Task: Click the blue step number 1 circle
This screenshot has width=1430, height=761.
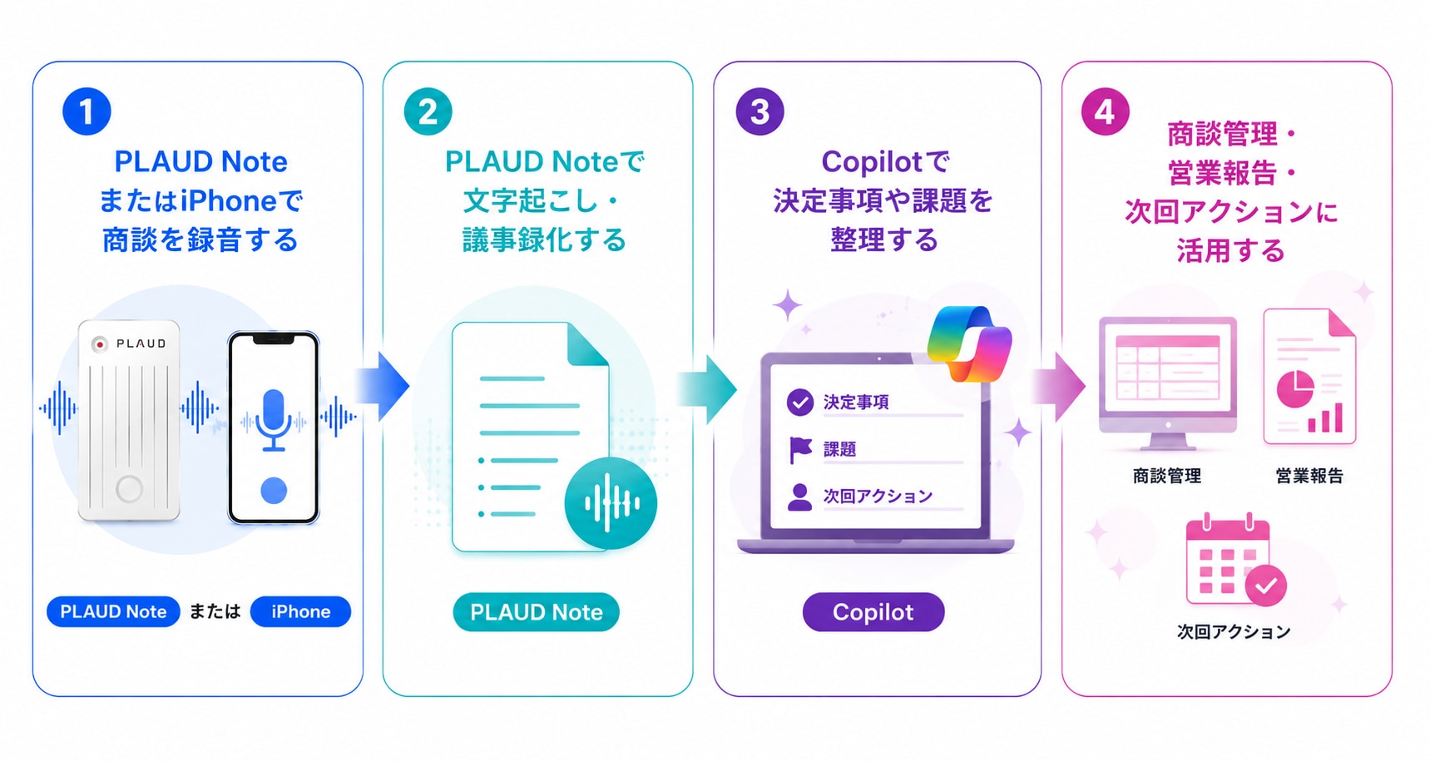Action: pyautogui.click(x=87, y=111)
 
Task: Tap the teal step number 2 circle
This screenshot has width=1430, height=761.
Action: pyautogui.click(x=428, y=111)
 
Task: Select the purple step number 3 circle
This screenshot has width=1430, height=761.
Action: pyautogui.click(x=760, y=111)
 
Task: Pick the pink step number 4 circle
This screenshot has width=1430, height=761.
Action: pyautogui.click(x=1105, y=111)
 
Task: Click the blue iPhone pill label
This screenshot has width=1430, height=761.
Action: pyautogui.click(x=300, y=611)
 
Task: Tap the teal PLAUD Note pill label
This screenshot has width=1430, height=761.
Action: pyautogui.click(x=536, y=612)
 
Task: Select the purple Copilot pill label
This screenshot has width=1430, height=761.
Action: pyautogui.click(x=873, y=612)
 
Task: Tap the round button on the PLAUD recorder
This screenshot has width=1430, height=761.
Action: pyautogui.click(x=129, y=488)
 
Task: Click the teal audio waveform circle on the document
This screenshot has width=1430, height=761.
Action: pyautogui.click(x=611, y=503)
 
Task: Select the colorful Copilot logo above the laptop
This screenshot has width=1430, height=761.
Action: pyautogui.click(x=970, y=343)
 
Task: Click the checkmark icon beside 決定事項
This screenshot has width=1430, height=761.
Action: pyautogui.click(x=799, y=403)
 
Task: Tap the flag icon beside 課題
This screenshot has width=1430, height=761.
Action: pyautogui.click(x=800, y=450)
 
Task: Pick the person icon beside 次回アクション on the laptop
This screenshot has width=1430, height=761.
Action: pyautogui.click(x=799, y=497)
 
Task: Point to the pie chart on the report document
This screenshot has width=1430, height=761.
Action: pyautogui.click(x=1295, y=389)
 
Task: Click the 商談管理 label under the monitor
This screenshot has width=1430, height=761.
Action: pyautogui.click(x=1167, y=476)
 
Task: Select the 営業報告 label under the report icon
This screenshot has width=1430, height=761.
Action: pyautogui.click(x=1309, y=476)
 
